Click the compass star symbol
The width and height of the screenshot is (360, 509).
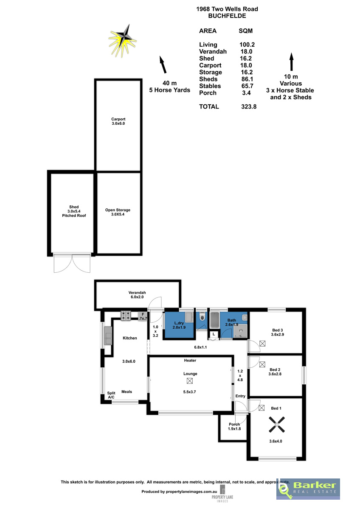pos(122,41)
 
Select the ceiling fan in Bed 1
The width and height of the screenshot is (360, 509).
pos(276,424)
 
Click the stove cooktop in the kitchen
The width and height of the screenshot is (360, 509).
pos(126,316)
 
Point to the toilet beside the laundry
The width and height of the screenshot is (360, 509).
pos(202,316)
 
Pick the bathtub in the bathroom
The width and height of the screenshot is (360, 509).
pos(214,319)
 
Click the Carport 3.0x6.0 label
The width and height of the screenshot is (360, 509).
pos(118,121)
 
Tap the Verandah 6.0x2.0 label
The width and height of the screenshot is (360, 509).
pos(137,295)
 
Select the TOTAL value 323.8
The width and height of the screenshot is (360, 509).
pos(249,106)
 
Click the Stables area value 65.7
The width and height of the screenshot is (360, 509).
pos(247,86)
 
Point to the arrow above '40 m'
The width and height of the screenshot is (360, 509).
pos(163,64)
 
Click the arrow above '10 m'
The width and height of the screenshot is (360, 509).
pos(291,62)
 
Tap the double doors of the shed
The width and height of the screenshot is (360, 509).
pos(72,263)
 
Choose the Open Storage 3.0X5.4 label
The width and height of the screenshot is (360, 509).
pos(118,212)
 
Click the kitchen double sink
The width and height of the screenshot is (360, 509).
pos(108,336)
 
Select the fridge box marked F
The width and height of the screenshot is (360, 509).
pos(143,316)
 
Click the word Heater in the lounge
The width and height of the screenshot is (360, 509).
pos(190,361)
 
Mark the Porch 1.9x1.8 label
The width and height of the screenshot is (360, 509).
pos(234,427)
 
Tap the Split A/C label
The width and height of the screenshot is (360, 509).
pos(111,395)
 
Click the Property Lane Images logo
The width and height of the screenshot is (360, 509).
pos(222,494)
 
